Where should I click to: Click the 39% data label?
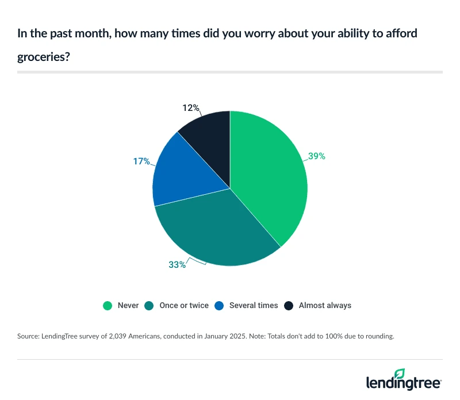coord(316,156)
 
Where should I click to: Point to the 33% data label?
coord(177,264)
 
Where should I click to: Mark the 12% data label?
coord(191,107)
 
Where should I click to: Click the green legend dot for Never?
coord(107,305)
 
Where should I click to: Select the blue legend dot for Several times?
coord(219,305)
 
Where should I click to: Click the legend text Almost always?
coord(325,305)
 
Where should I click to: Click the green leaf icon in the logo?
coord(400,374)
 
